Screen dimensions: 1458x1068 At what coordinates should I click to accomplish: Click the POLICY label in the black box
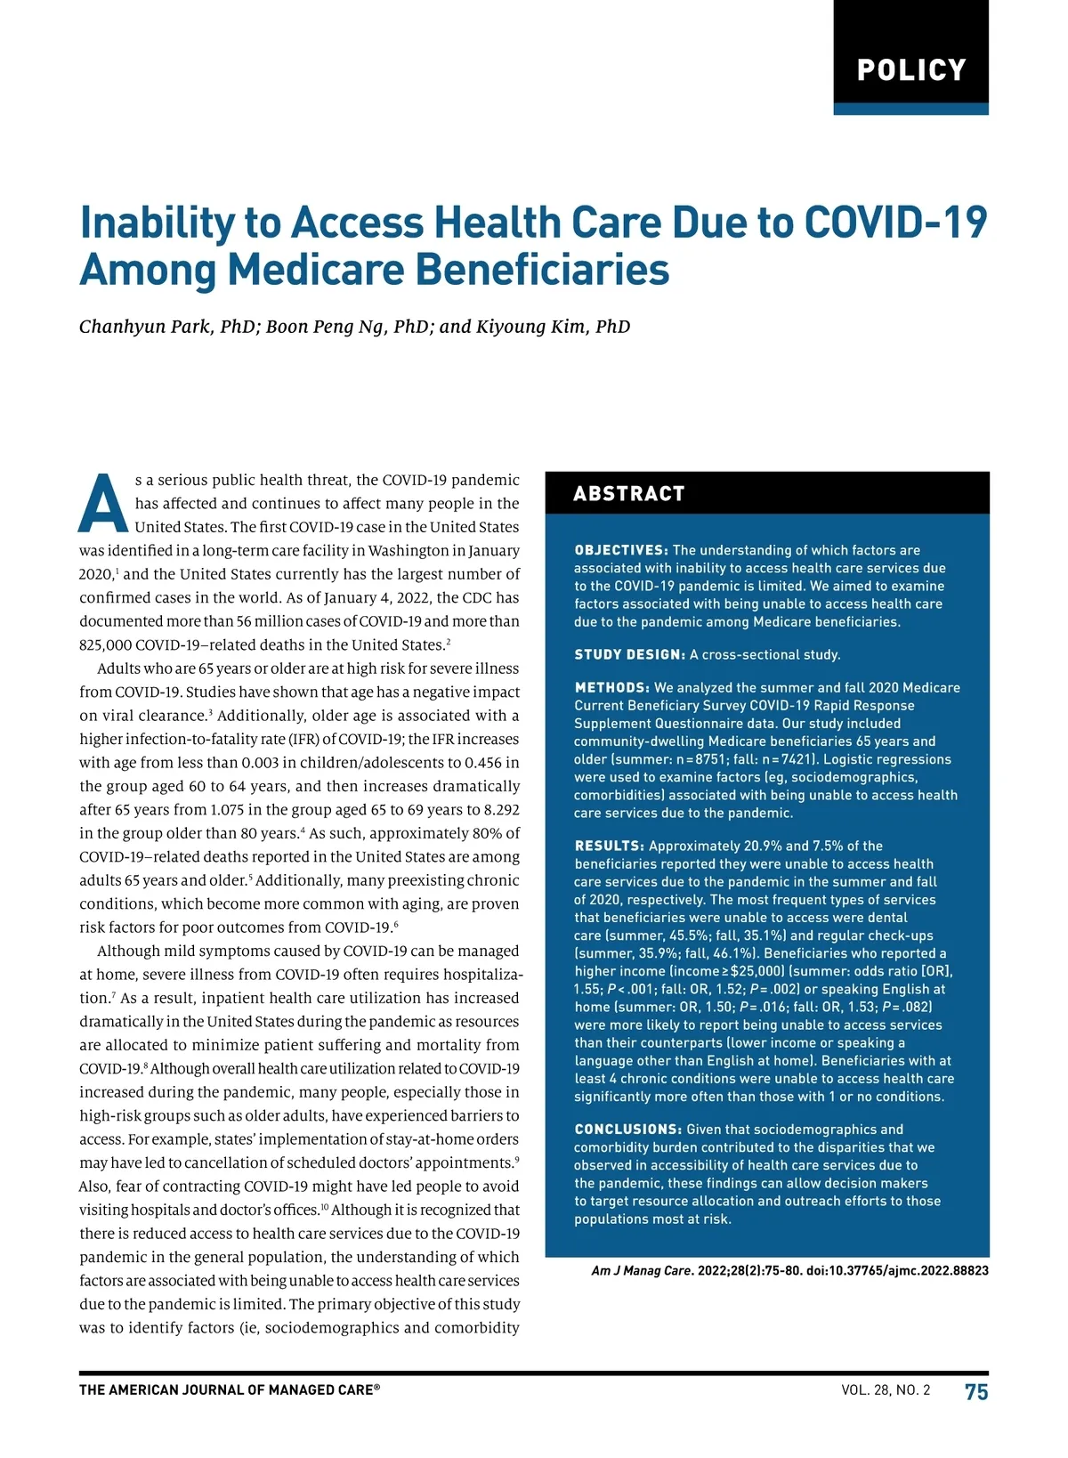pyautogui.click(x=910, y=70)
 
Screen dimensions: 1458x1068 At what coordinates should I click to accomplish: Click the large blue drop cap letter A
pyautogui.click(x=103, y=504)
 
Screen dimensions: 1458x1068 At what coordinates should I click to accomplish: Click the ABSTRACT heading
pyautogui.click(x=629, y=494)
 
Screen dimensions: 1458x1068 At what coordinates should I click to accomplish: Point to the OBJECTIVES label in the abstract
pyautogui.click(x=621, y=550)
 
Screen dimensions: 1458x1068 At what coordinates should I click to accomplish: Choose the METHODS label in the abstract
pyautogui.click(x=612, y=688)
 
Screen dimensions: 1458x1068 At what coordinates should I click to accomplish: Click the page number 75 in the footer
pyautogui.click(x=976, y=1391)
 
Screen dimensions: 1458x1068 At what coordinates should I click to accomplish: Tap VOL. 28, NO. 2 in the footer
pyautogui.click(x=886, y=1390)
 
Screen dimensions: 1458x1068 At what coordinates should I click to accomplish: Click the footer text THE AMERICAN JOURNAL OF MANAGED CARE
pyautogui.click(x=229, y=1390)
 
